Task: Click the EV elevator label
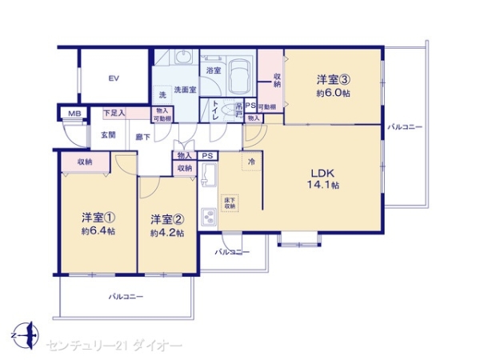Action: coord(114,78)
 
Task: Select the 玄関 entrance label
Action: coord(108,134)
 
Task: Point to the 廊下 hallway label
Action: coord(144,137)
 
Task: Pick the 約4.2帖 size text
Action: coord(167,233)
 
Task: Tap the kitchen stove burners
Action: coord(209,217)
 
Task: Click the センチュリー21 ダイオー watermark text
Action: coord(114,345)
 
